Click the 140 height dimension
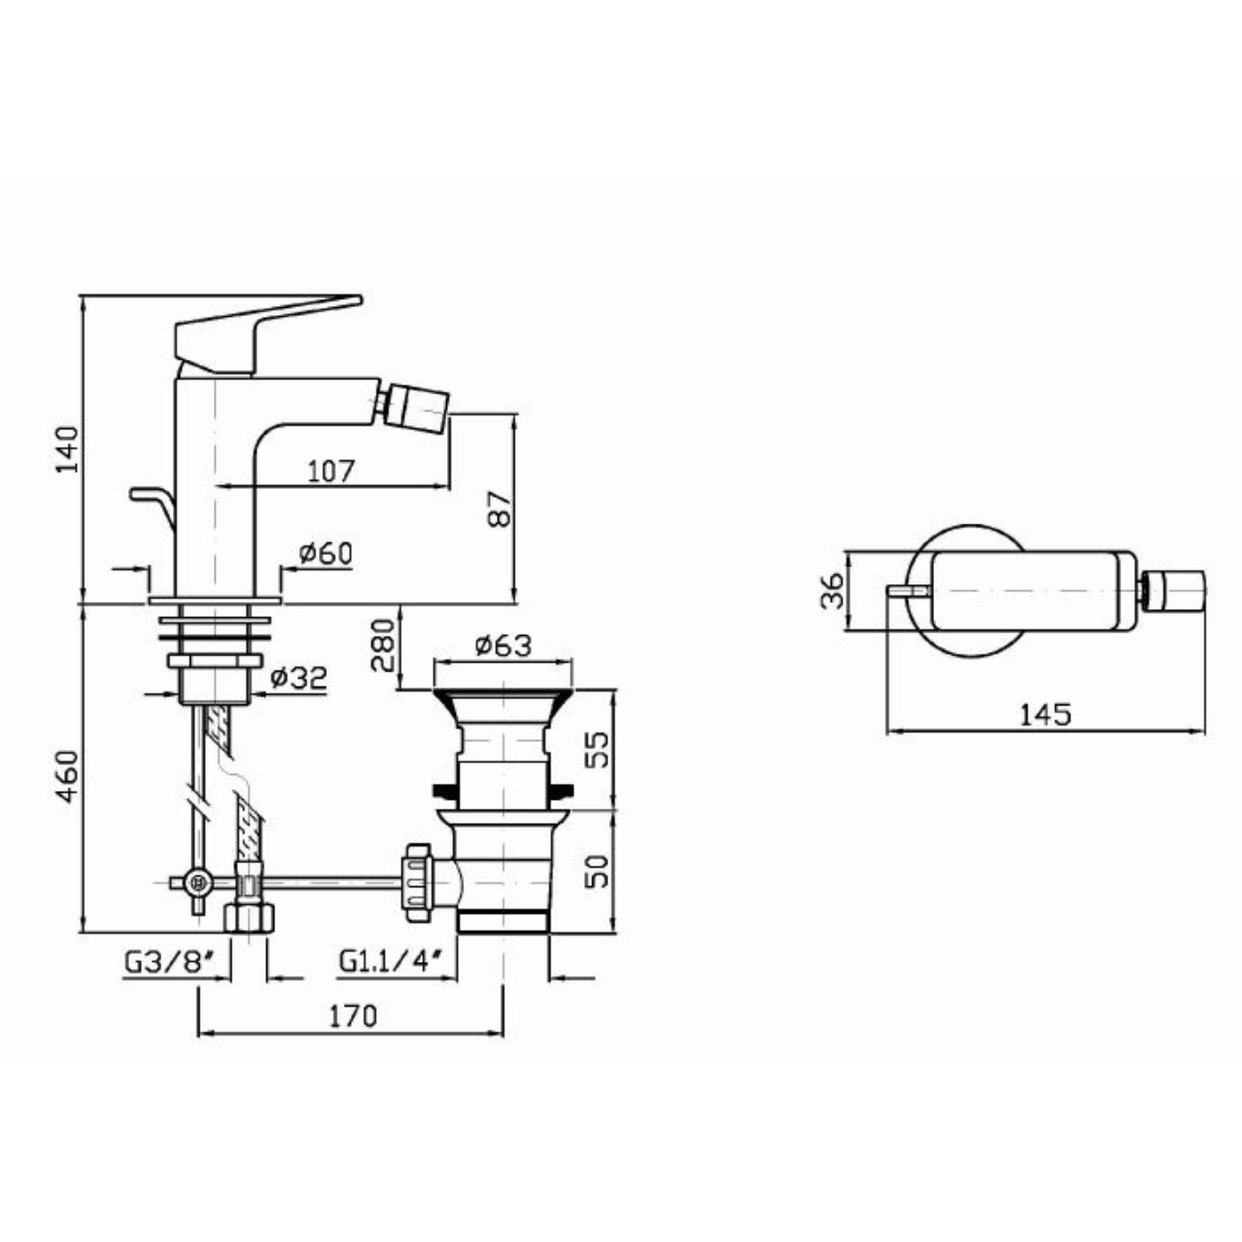(x=68, y=449)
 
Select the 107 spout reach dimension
(x=331, y=471)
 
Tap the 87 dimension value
(x=500, y=509)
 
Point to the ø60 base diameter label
(x=326, y=553)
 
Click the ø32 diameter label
(x=299, y=678)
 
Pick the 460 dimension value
(x=68, y=776)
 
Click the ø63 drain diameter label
(x=504, y=646)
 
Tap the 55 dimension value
(x=599, y=749)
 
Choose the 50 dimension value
(x=599, y=871)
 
